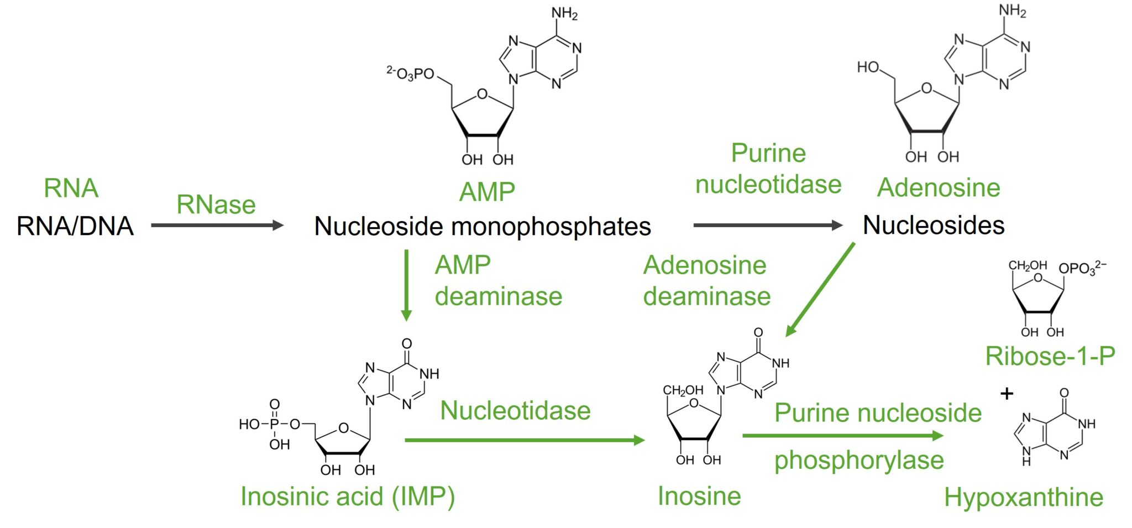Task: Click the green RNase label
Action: coord(216,205)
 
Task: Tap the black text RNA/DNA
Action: coord(75,226)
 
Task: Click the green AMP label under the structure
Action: coord(487,192)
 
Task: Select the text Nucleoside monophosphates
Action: coord(482,226)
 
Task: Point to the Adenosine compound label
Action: coord(939,187)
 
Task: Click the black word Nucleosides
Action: coord(934,225)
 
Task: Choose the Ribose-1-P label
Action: coord(1050,356)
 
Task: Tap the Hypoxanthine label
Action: coord(1023,497)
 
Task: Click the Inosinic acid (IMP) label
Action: coord(348,496)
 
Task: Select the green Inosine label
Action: coord(699,496)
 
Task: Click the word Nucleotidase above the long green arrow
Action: coord(515,411)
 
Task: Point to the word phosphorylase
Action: coord(858,460)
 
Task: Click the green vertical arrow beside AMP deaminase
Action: coord(406,285)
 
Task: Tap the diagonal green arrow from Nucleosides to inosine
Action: coord(820,289)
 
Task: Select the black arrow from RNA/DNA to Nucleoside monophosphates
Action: coord(217,225)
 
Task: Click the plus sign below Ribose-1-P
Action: coord(1007,394)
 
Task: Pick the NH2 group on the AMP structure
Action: coord(564,13)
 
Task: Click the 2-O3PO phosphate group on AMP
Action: coord(410,74)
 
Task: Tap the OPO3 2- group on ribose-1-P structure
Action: coord(1082,268)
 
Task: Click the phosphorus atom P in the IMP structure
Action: coord(274,424)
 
